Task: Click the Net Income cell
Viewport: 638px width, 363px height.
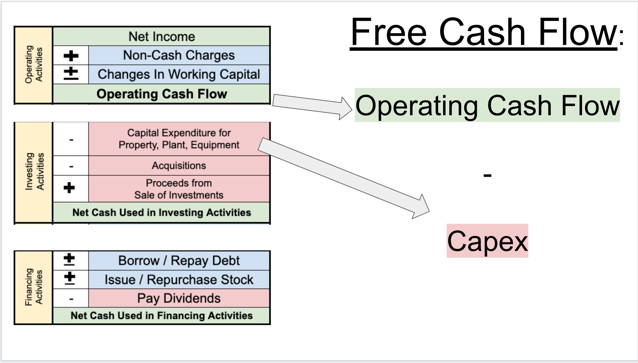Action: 161,37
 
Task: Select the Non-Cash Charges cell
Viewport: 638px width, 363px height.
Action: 179,55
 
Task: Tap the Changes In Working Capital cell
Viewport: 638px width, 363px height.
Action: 179,74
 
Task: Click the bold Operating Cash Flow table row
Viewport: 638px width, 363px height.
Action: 161,94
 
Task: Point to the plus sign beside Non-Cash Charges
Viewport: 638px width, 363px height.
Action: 71,56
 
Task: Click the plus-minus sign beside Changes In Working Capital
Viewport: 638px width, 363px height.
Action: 71,74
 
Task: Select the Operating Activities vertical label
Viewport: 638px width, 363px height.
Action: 34,65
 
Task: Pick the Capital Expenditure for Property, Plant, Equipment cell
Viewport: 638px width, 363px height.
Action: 179,139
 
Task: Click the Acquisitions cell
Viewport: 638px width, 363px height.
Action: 179,166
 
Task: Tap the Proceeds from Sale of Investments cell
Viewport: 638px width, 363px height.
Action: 179,189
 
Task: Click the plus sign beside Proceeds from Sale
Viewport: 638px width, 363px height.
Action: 69,188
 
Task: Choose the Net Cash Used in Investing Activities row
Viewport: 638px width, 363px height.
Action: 161,212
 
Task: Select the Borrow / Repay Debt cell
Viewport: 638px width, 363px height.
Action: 179,260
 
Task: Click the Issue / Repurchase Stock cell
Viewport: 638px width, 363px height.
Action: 179,279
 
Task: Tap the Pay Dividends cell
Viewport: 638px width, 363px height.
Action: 179,298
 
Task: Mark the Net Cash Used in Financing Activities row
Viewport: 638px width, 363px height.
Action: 161,315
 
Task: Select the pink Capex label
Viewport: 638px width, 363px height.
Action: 487,241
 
